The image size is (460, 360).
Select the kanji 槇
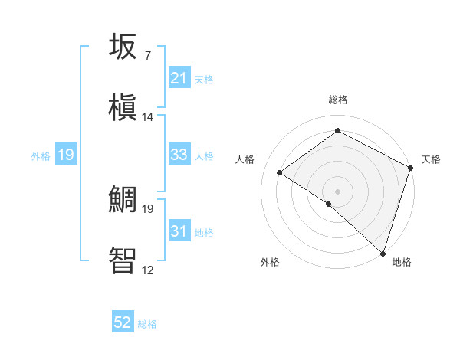(124, 106)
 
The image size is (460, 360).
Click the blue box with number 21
(179, 78)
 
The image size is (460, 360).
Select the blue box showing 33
(179, 155)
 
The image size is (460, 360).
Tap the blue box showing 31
(179, 231)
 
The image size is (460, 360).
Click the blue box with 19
(66, 155)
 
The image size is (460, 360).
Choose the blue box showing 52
(123, 322)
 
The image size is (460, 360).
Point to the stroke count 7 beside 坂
(147, 56)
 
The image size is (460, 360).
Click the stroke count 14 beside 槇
(148, 117)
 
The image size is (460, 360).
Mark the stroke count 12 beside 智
(148, 269)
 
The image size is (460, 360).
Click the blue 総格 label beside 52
(147, 324)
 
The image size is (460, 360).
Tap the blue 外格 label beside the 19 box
(41, 156)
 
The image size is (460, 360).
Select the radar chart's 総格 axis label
(337, 100)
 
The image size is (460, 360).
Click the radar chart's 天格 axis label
(431, 159)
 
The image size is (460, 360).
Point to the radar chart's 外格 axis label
(270, 262)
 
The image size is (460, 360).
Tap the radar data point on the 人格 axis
(280, 172)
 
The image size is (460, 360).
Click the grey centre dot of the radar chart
(337, 191)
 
